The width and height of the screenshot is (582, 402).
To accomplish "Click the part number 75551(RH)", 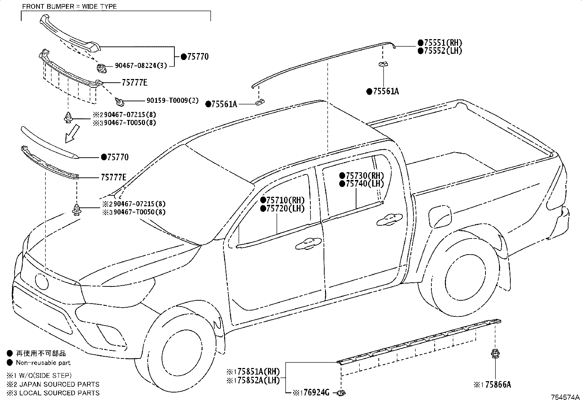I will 442,43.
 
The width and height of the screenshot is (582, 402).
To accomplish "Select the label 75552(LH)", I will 442,51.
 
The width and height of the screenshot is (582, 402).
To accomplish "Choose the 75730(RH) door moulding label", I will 364,176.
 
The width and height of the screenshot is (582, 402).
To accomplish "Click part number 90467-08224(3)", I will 141,66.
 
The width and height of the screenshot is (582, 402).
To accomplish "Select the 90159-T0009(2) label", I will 173,100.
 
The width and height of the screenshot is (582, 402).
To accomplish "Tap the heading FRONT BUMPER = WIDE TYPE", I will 69,7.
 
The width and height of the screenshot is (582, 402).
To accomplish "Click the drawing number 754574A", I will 566,397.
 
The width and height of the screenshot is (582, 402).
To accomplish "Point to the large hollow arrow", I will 72,134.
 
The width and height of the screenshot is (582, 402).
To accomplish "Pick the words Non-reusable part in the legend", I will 43,363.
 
